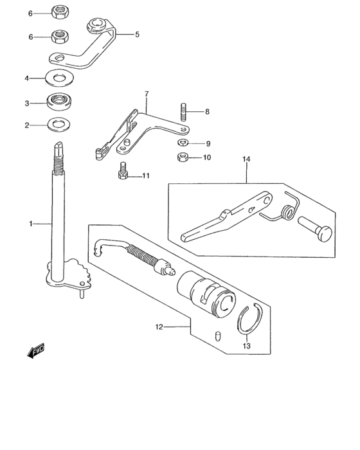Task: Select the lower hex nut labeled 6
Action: pyautogui.click(x=59, y=37)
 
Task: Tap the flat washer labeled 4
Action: pyautogui.click(x=60, y=78)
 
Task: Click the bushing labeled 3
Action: pyautogui.click(x=60, y=102)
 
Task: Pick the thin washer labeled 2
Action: pyautogui.click(x=59, y=125)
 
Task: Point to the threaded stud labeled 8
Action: pyautogui.click(x=183, y=112)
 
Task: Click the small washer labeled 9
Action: pyautogui.click(x=183, y=142)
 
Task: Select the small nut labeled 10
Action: pyautogui.click(x=182, y=157)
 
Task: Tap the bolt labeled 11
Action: pyautogui.click(x=123, y=171)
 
